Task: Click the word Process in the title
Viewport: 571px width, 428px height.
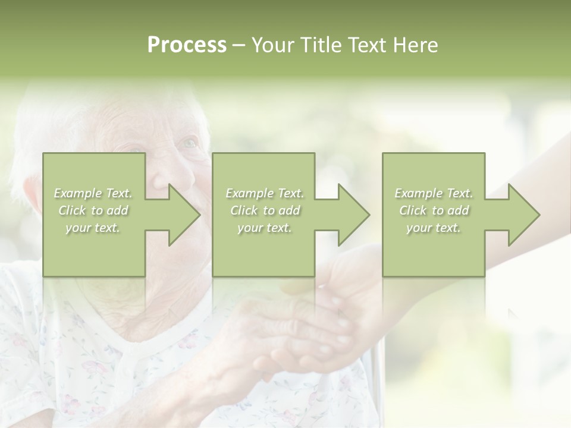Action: tap(187, 45)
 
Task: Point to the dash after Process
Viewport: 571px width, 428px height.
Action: tap(239, 46)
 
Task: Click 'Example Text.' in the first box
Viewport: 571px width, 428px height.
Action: tap(93, 193)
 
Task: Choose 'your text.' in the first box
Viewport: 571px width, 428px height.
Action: tap(93, 228)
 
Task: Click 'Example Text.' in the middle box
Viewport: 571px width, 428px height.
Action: tap(265, 193)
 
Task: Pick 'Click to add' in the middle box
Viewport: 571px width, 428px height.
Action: tap(265, 210)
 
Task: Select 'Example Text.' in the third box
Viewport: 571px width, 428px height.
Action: tap(434, 193)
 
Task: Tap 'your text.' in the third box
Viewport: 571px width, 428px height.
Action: tap(434, 228)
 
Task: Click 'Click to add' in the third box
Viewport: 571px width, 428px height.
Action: tap(434, 210)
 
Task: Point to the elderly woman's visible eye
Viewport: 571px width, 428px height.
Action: tap(189, 143)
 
